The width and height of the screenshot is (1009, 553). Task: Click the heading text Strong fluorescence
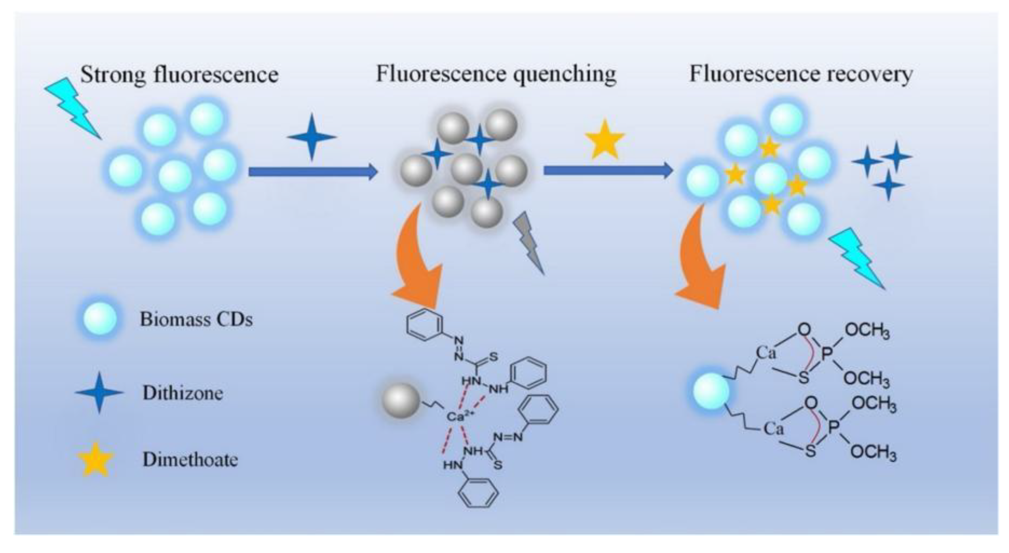coord(179,75)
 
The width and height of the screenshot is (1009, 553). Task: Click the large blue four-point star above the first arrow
coord(312,137)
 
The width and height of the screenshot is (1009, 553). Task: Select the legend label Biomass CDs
coord(196,319)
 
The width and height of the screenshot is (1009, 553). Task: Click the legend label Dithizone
coord(183,393)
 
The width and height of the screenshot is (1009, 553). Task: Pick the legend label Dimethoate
coord(190,460)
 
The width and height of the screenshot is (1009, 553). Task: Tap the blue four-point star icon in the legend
coord(99,393)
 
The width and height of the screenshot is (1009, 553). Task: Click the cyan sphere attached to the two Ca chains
coord(711,391)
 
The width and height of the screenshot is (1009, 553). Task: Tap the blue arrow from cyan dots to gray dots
coord(313,171)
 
